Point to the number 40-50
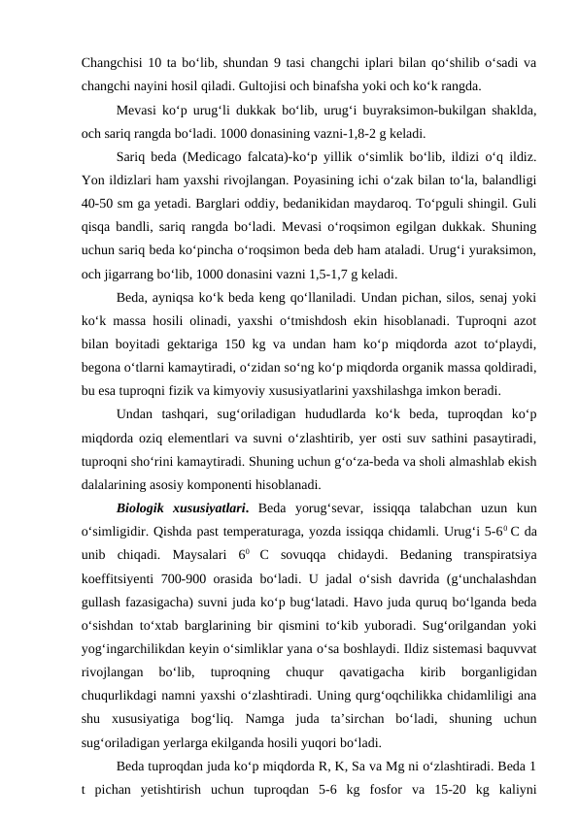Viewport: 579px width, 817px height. point(99,204)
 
